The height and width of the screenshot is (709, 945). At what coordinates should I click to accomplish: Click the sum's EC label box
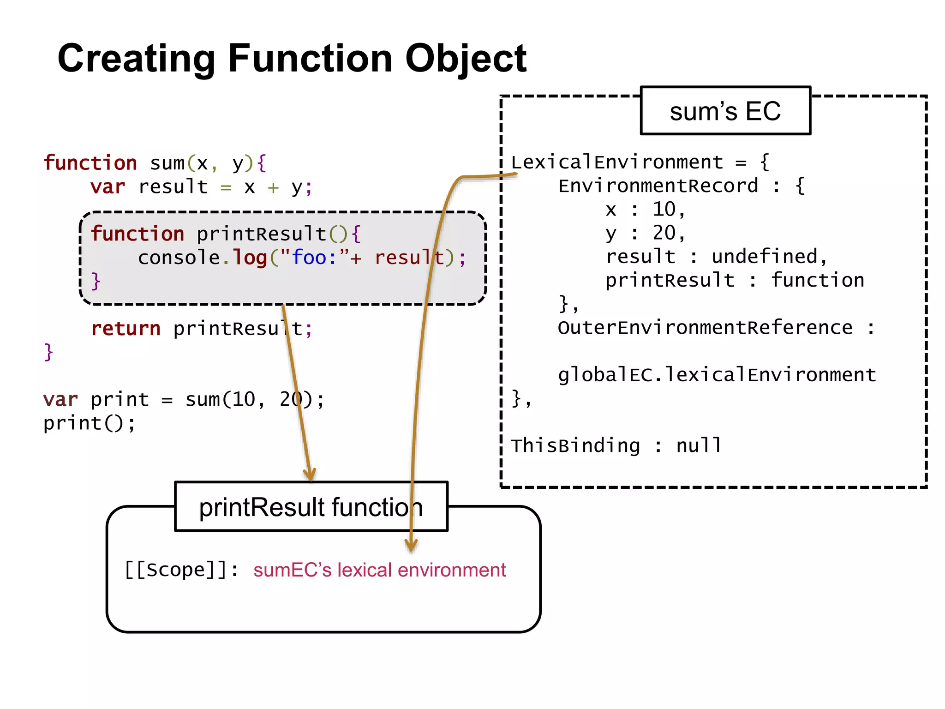725,111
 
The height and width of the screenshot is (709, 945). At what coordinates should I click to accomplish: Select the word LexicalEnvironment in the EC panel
617,162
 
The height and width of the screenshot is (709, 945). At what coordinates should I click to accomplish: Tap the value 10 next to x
664,210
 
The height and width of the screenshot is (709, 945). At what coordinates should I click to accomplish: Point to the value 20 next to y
664,233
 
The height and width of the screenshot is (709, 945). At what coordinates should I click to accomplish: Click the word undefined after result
764,257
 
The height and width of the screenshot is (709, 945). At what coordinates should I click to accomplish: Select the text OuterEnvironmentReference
705,328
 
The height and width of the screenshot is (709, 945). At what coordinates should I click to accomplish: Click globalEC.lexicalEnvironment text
717,375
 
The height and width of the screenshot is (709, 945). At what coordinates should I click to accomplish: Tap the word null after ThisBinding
699,446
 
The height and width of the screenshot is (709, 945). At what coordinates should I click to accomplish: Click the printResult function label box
311,507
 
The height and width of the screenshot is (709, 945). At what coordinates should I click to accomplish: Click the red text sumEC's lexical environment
379,570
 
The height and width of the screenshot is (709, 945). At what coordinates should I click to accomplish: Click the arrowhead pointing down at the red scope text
411,546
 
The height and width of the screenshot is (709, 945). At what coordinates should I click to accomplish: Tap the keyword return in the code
126,329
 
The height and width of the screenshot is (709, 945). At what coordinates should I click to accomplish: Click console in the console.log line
179,258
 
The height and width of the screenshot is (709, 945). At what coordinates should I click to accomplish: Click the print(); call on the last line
89,423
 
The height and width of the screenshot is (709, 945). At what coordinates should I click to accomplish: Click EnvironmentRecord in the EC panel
658,186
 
